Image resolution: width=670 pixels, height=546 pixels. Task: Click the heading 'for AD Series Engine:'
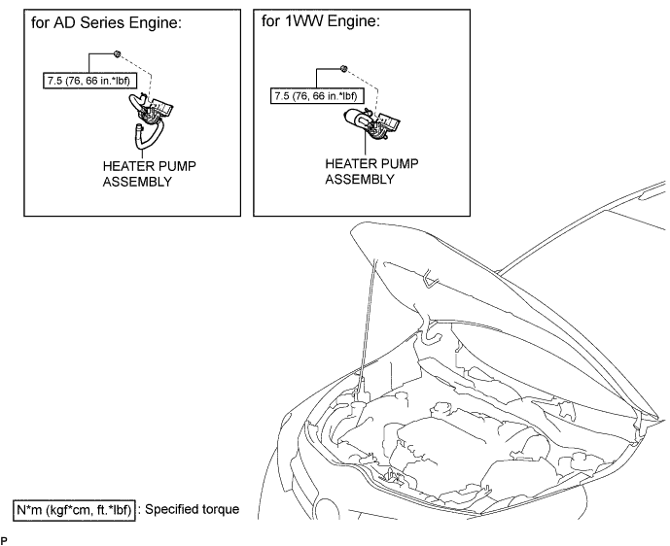click(106, 22)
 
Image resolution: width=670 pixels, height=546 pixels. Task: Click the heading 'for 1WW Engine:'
click(321, 20)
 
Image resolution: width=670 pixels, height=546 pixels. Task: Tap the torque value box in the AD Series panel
click(89, 81)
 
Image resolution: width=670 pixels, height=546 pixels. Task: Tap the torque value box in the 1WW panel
click(317, 95)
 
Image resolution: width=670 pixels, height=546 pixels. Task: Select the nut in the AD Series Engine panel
click(117, 53)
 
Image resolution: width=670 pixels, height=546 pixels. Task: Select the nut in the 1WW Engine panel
click(344, 68)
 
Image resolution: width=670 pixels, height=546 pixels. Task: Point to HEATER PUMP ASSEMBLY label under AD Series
click(149, 174)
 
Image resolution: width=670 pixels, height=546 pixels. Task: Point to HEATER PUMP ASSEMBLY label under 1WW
click(371, 171)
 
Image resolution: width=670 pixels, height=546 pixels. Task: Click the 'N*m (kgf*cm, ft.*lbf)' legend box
click(74, 510)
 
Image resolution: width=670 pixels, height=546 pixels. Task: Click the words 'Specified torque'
click(192, 509)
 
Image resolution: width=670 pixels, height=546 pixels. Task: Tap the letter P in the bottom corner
click(4, 541)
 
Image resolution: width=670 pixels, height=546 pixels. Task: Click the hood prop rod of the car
click(367, 324)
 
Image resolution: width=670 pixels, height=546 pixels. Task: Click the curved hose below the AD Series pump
click(149, 136)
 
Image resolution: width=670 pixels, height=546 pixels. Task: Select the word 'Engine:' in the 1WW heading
click(358, 21)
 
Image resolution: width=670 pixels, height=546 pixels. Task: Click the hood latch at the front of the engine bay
click(395, 476)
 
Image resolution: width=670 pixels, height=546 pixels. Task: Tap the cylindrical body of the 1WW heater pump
click(357, 118)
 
